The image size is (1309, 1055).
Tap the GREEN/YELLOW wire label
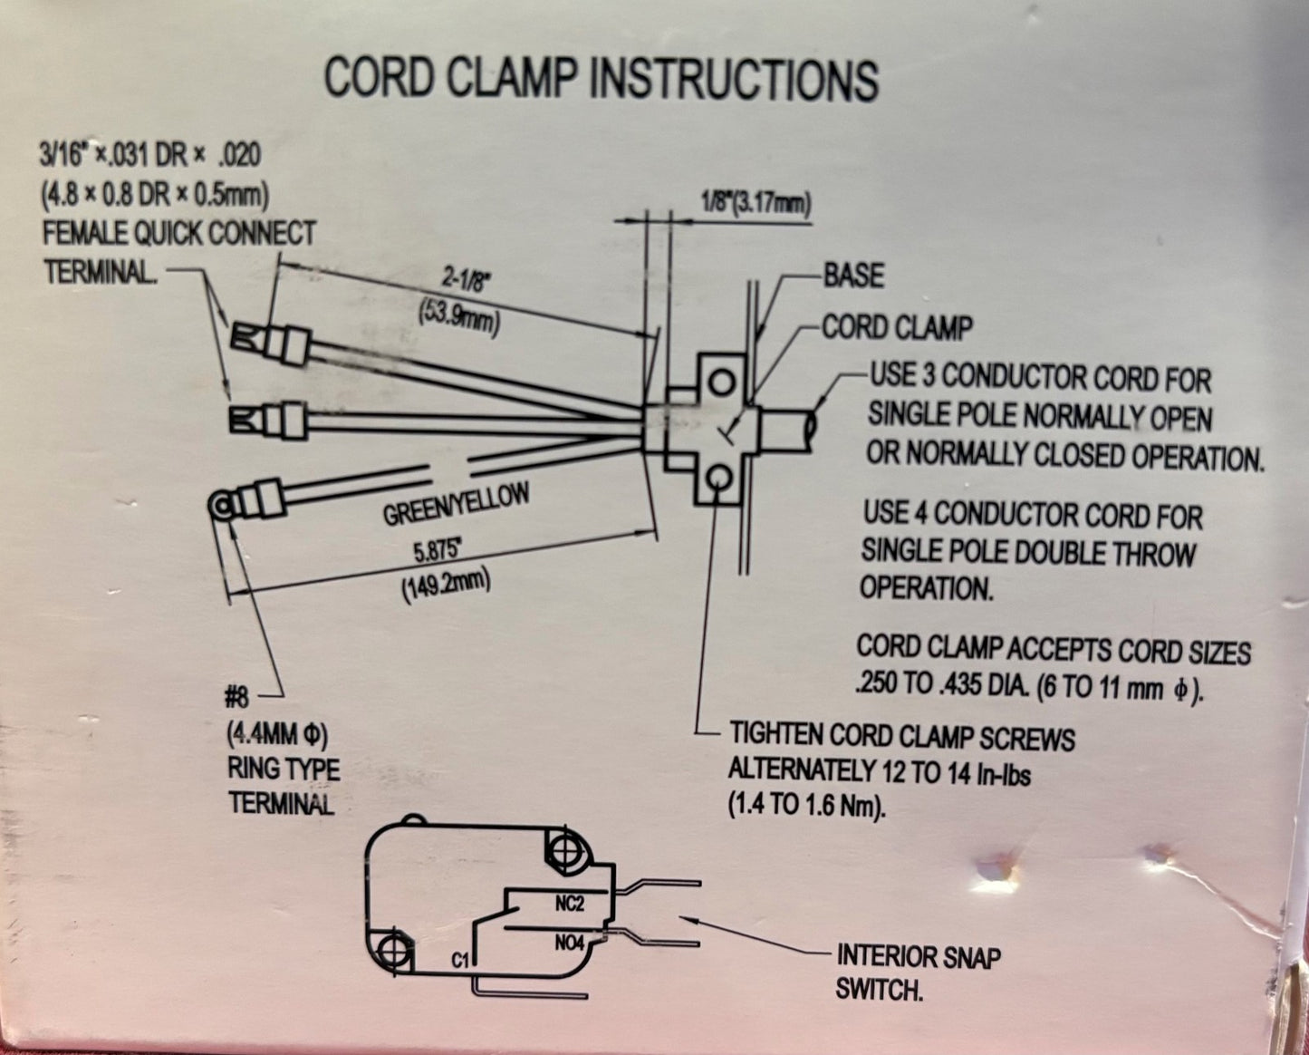(457, 505)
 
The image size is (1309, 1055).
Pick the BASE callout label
(853, 276)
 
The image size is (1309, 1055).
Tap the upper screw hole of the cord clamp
(721, 382)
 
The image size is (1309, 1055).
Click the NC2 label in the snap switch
(569, 904)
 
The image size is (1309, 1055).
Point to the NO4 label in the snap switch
(569, 944)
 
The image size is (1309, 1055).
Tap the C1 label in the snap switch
(460, 961)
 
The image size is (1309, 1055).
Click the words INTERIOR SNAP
(919, 956)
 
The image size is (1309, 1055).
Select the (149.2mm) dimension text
(446, 586)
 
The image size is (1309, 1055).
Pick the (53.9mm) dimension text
(458, 320)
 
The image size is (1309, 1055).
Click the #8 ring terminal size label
(237, 698)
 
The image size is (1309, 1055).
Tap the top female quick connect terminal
(271, 344)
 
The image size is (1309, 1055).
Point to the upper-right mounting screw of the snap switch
(567, 848)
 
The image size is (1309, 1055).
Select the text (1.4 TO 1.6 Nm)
(806, 808)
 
